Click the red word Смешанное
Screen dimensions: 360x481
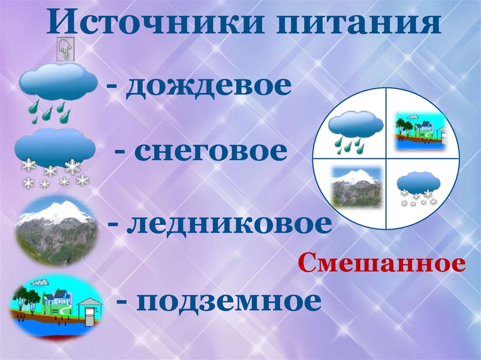[x=381, y=265]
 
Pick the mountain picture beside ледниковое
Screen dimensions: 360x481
[x=56, y=230]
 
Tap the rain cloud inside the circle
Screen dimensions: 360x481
[x=355, y=131]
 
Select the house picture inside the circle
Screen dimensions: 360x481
[x=420, y=130]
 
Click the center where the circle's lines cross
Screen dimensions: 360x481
[x=386, y=158]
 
